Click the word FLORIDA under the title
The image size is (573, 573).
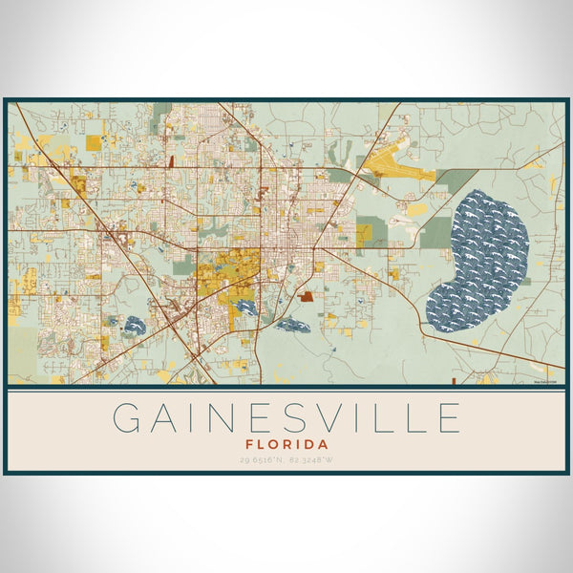[x=286, y=444]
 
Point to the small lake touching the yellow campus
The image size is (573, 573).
[x=246, y=308]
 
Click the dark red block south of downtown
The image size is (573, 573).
[x=306, y=297]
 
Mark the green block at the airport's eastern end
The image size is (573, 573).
[x=456, y=180]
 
